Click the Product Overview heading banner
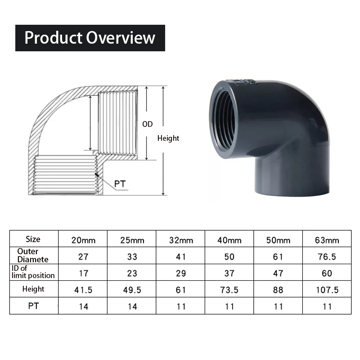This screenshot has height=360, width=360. click(90, 38)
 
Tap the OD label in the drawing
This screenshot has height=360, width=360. click(148, 124)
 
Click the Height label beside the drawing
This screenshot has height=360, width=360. click(168, 139)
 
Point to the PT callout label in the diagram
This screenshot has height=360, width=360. click(120, 184)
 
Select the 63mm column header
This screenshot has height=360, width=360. click(327, 240)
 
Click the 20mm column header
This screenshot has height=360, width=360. click(83, 240)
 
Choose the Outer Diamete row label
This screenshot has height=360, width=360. click(33, 256)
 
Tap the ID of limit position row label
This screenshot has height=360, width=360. click(33, 272)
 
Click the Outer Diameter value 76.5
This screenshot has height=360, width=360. click(327, 256)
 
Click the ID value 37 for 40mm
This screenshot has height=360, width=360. click(229, 273)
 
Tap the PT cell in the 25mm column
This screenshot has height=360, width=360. click(132, 306)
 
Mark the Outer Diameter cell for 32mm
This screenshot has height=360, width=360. click(180, 256)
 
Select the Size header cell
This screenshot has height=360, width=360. click(33, 239)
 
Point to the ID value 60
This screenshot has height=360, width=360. click(327, 273)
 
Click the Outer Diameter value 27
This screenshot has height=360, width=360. click(83, 256)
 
